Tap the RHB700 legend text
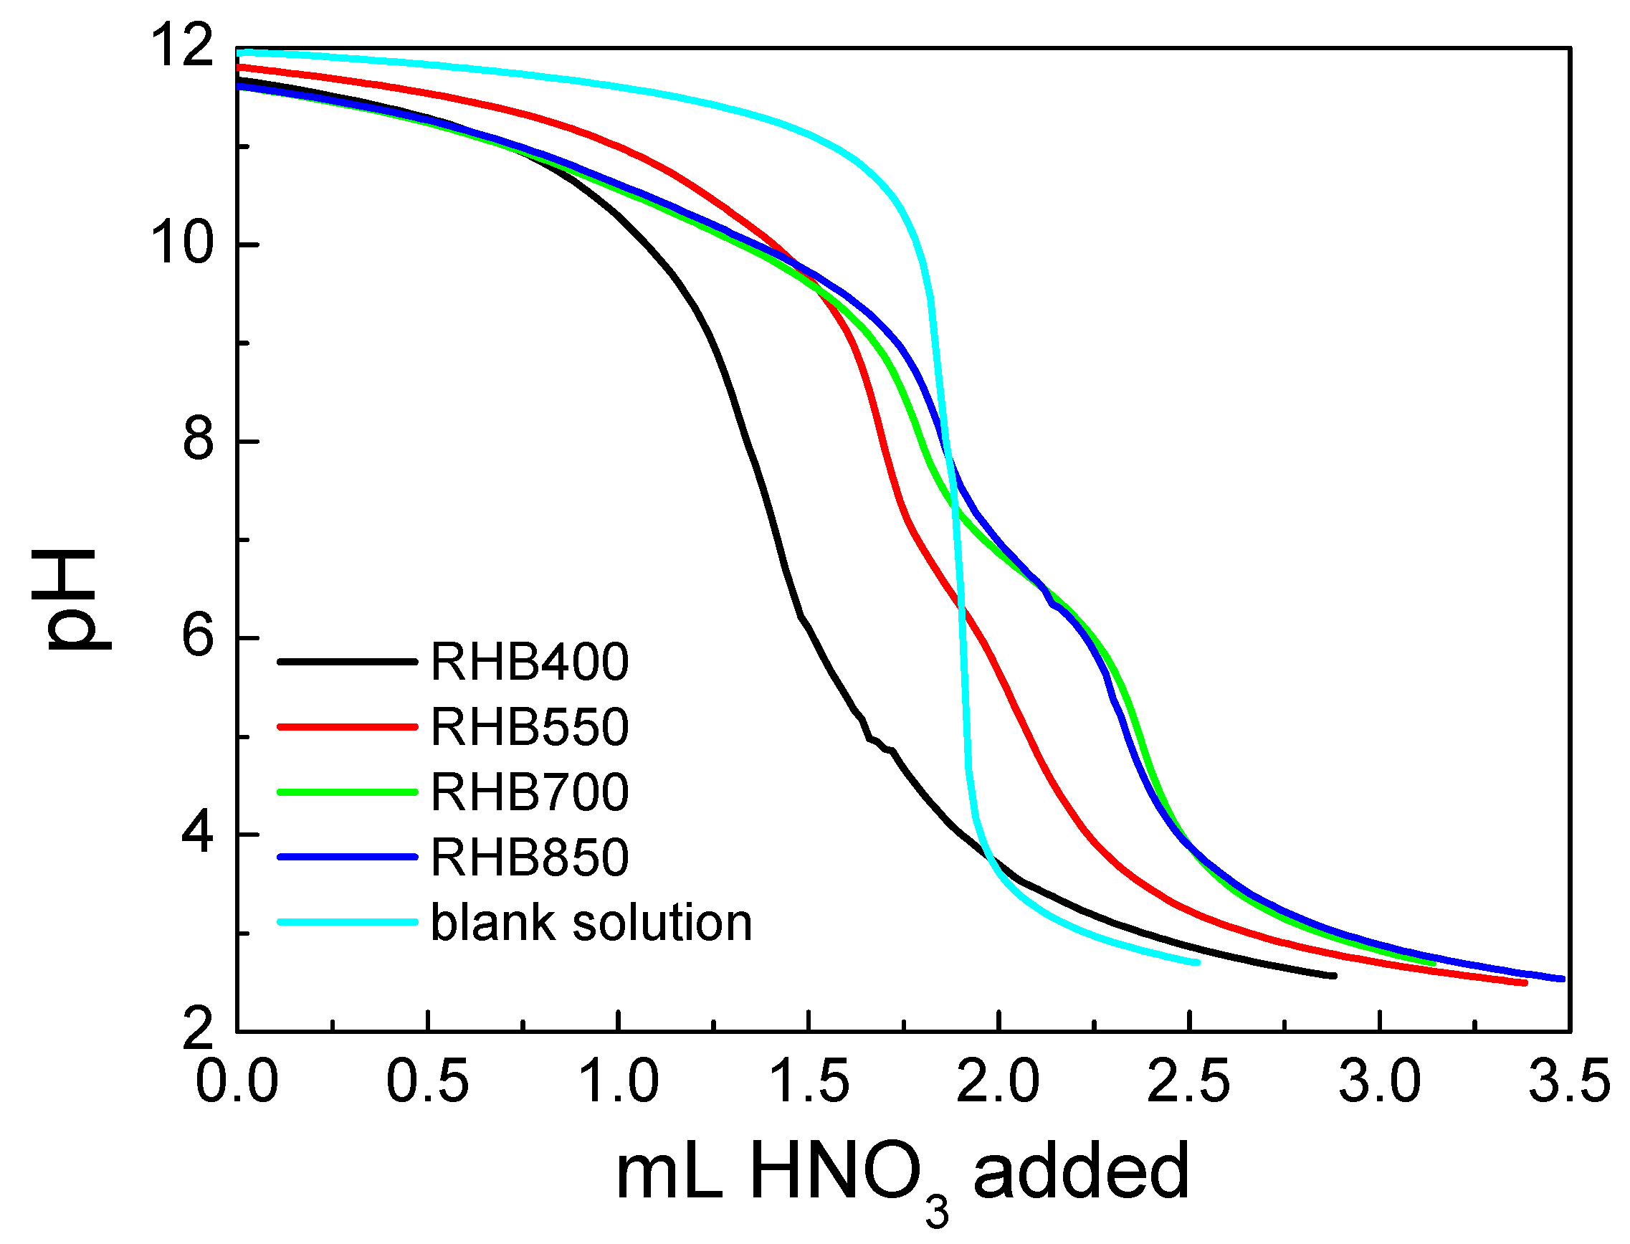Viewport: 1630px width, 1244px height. (x=529, y=792)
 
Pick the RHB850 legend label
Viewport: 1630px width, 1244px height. (x=529, y=857)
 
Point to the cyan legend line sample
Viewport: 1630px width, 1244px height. (x=347, y=922)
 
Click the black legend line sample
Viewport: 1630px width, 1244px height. (x=347, y=661)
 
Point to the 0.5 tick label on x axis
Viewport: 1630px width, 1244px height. (x=427, y=1082)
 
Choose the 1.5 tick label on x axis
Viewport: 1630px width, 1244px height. (x=809, y=1082)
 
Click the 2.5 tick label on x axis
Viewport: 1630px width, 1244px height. (x=1189, y=1082)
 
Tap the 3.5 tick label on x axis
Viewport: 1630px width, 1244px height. (x=1568, y=1082)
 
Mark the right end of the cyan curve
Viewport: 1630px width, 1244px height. (x=1196, y=962)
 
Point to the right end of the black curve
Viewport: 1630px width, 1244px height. (x=1334, y=976)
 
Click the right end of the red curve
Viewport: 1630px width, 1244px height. (x=1524, y=982)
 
